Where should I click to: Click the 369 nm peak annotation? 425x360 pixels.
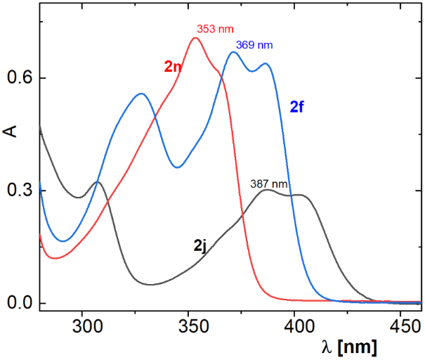254,45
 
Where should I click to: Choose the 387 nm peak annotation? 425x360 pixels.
269,184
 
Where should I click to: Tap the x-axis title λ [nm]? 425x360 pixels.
346,347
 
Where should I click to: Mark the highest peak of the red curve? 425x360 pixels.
195,38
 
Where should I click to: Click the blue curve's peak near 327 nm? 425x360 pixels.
141,94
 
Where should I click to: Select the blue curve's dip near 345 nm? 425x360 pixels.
177,167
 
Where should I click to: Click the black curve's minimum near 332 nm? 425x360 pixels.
150,285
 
